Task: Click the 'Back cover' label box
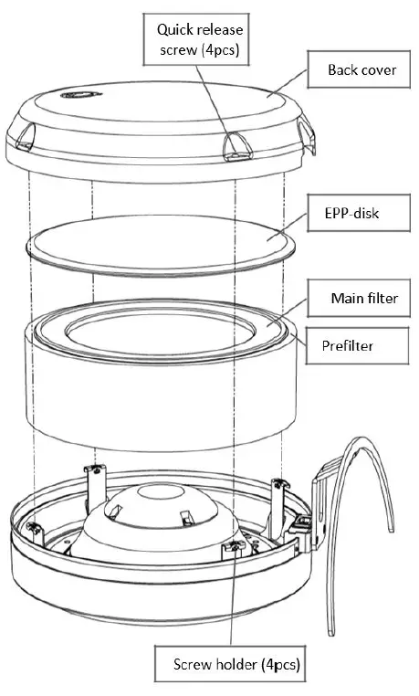pos(361,70)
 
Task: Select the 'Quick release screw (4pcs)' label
pos(200,41)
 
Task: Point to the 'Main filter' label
pos(364,299)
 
